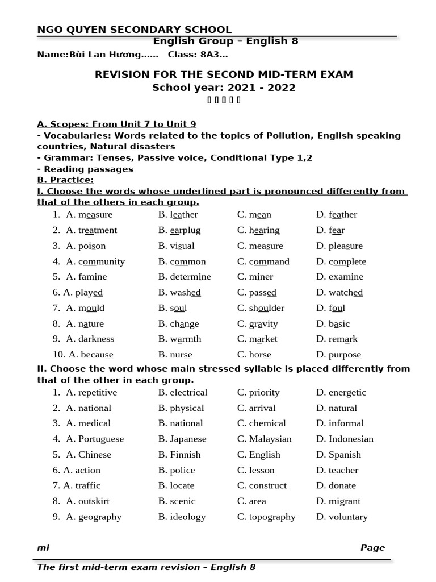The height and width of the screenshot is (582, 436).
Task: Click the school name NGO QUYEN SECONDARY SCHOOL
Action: pyautogui.click(x=134, y=30)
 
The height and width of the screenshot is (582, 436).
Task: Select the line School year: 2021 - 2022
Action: pyautogui.click(x=224, y=88)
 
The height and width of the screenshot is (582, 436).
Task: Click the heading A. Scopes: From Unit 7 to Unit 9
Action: pyautogui.click(x=116, y=124)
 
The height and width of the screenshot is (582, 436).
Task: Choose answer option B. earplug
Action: pyautogui.click(x=179, y=230)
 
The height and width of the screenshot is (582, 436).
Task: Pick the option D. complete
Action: pyautogui.click(x=341, y=261)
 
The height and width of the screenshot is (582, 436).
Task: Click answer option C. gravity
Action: pyautogui.click(x=257, y=323)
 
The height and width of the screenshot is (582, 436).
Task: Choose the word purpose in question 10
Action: pyautogui.click(x=345, y=355)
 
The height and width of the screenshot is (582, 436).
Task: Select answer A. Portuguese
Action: pyautogui.click(x=94, y=439)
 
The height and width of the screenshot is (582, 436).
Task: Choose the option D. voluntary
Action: pyautogui.click(x=342, y=517)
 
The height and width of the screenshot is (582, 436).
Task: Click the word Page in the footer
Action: pyautogui.click(x=372, y=548)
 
